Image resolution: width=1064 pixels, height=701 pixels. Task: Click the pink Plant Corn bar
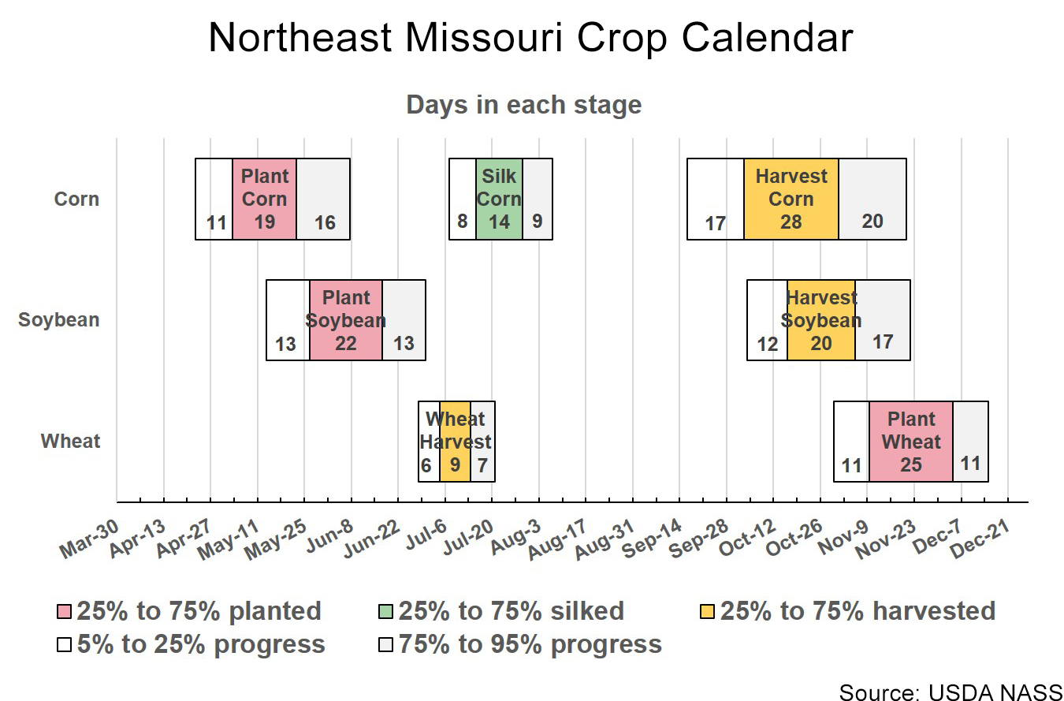point(264,199)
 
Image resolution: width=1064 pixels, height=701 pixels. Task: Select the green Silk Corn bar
point(499,199)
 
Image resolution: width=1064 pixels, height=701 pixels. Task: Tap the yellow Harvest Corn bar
point(791,199)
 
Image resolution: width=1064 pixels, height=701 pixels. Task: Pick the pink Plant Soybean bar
point(345,319)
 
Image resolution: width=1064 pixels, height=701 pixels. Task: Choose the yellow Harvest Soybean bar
point(820,319)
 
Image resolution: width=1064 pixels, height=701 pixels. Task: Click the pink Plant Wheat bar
point(910,441)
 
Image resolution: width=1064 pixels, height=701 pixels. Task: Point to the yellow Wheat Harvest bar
point(455,441)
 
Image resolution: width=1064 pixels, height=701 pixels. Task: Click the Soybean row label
point(59,320)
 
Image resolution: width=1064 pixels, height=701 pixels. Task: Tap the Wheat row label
point(71,441)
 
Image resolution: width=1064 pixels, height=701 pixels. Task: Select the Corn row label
point(76,199)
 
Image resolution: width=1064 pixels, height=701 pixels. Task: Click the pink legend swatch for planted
point(65,612)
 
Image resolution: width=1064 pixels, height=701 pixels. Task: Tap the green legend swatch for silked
point(386,612)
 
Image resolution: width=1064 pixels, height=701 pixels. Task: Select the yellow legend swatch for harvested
point(708,612)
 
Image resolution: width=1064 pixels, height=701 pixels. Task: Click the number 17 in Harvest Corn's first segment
point(715,224)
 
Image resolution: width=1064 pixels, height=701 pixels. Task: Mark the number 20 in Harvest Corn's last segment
point(872,222)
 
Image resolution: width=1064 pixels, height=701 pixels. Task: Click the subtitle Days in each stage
point(523,105)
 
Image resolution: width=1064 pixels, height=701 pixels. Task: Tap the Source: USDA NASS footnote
point(951,692)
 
